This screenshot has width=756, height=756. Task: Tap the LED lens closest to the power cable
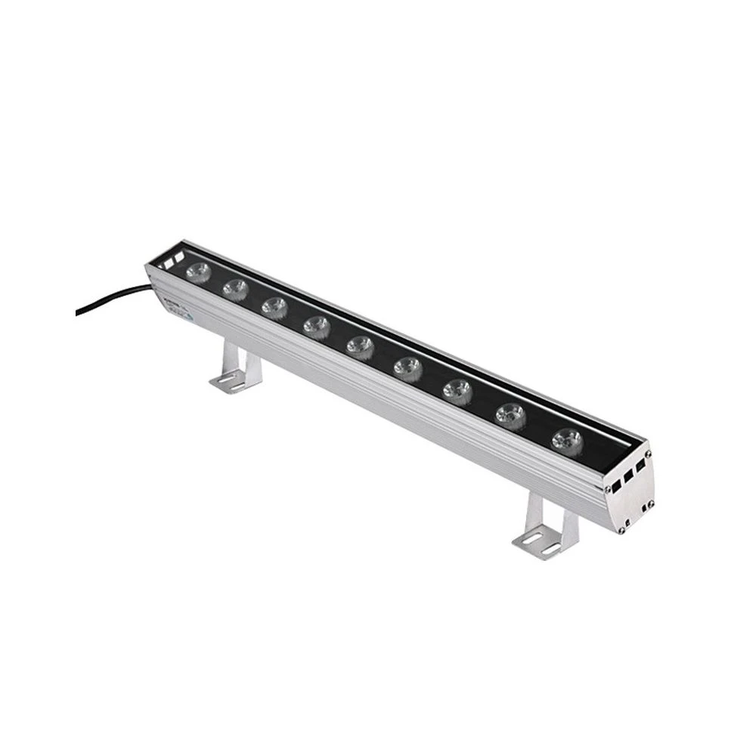pyautogui.click(x=198, y=270)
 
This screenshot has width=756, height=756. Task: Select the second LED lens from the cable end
pyautogui.click(x=235, y=287)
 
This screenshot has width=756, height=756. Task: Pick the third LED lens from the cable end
pyautogui.click(x=274, y=306)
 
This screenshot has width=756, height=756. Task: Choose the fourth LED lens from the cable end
pyautogui.click(x=316, y=326)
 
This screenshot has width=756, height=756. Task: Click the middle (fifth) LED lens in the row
pyautogui.click(x=360, y=346)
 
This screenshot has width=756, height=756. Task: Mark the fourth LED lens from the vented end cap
pyautogui.click(x=407, y=367)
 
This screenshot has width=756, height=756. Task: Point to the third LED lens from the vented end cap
pyautogui.click(x=457, y=390)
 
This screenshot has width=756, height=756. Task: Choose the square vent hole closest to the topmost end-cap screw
pyautogui.click(x=641, y=465)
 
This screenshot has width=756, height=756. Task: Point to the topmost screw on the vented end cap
pyautogui.click(x=648, y=454)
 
